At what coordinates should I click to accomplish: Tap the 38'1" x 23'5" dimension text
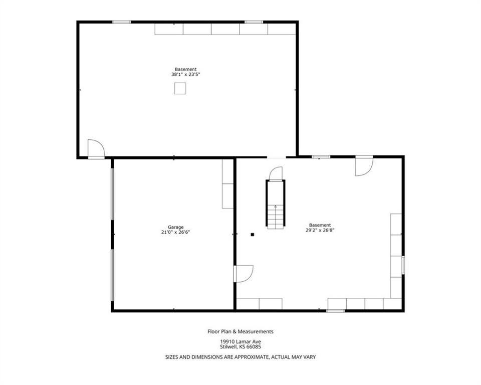(x=186, y=75)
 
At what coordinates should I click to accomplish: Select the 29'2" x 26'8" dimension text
(x=319, y=231)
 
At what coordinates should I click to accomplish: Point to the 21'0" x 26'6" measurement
(x=175, y=232)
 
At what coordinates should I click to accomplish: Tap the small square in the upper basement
(x=180, y=88)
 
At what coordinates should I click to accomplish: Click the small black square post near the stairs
(x=253, y=234)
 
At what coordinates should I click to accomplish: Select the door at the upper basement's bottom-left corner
(x=95, y=149)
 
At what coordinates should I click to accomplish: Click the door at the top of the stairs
(x=276, y=173)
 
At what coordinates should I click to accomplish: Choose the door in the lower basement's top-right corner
(x=363, y=166)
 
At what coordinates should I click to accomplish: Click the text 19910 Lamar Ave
(x=241, y=342)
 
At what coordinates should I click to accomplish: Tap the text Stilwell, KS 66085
(x=241, y=347)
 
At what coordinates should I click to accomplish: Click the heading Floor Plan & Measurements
(x=241, y=331)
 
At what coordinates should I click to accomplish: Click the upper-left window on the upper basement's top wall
(x=121, y=22)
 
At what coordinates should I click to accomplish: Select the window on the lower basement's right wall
(x=403, y=265)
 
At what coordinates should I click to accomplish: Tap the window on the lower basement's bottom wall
(x=335, y=311)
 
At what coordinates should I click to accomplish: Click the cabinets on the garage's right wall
(x=228, y=184)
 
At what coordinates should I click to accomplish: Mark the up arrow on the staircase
(x=275, y=207)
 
